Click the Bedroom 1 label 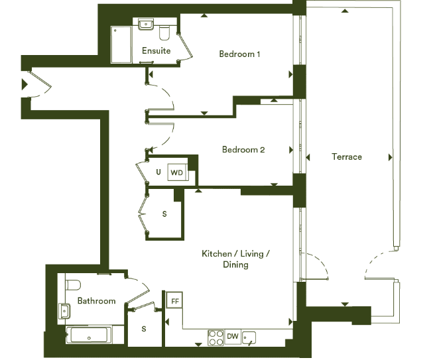[x=239, y=54]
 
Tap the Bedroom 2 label [x=243, y=150]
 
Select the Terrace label [x=347, y=156]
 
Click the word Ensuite [x=156, y=50]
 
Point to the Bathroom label [x=96, y=301]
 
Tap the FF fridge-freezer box [x=174, y=300]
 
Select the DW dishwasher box [x=233, y=337]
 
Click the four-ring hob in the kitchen [x=216, y=338]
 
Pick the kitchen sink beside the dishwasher [x=249, y=337]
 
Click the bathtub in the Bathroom [x=89, y=335]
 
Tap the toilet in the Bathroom [x=73, y=285]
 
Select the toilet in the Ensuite [x=164, y=33]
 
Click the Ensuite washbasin [x=146, y=24]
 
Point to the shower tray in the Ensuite [x=121, y=45]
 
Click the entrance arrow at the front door [x=25, y=84]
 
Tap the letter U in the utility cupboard [x=158, y=172]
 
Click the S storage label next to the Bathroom [x=144, y=329]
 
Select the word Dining [x=235, y=265]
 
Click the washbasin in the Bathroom [x=64, y=311]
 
